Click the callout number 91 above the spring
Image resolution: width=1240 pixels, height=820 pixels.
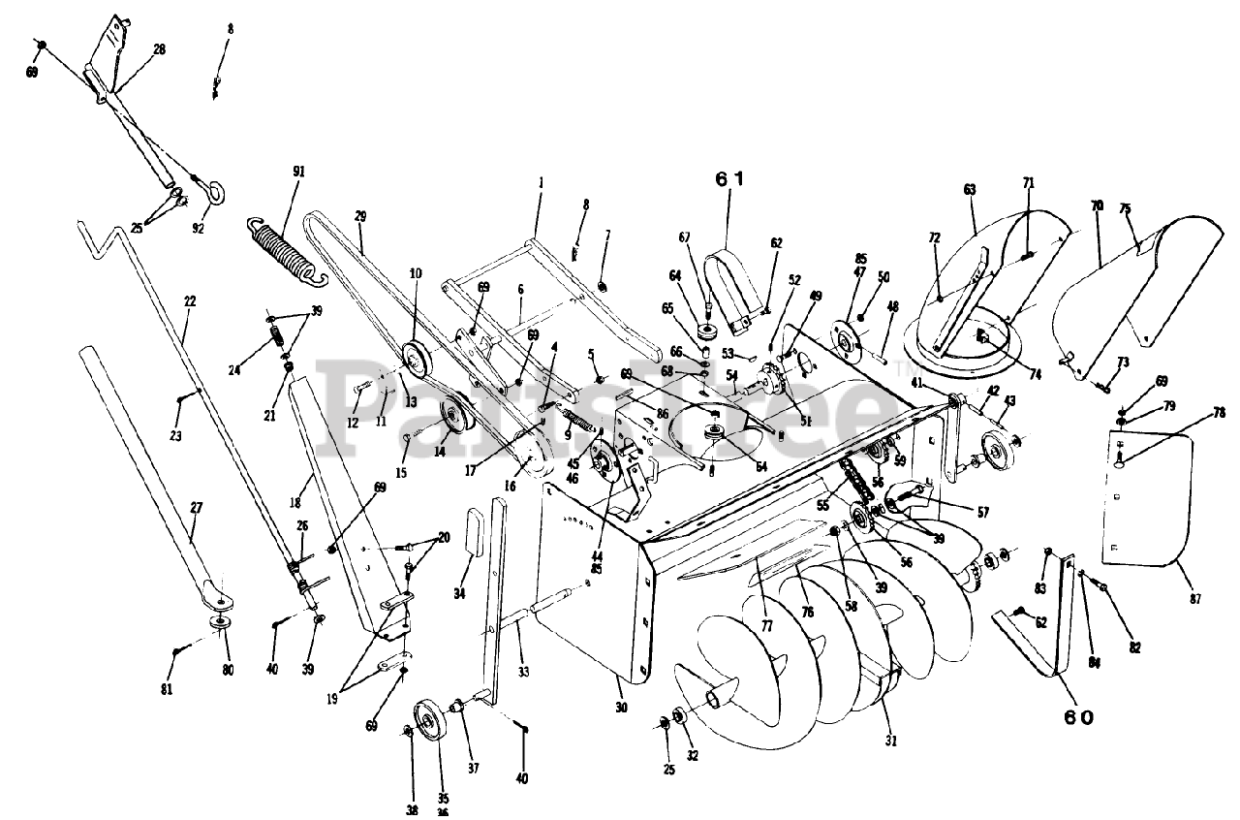pyautogui.click(x=298, y=172)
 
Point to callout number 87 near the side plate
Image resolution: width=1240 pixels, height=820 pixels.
pyautogui.click(x=1194, y=600)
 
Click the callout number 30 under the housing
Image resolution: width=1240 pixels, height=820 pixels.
pyautogui.click(x=621, y=709)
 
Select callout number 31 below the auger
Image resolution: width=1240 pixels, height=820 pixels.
pyautogui.click(x=891, y=741)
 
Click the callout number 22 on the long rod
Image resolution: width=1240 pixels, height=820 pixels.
pyautogui.click(x=190, y=301)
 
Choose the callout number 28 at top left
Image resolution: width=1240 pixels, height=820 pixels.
pyautogui.click(x=159, y=48)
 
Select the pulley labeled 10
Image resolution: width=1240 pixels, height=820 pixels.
pyautogui.click(x=417, y=359)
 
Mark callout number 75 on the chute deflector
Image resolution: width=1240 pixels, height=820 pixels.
pyautogui.click(x=1126, y=207)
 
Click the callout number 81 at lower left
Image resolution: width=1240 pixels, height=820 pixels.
pyautogui.click(x=167, y=689)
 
